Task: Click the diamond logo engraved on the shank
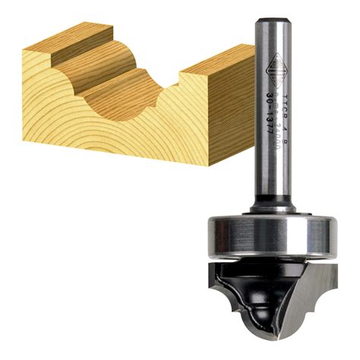point(270,73)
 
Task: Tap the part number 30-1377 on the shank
point(271,126)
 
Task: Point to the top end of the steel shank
point(274,15)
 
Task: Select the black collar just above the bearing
point(274,203)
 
